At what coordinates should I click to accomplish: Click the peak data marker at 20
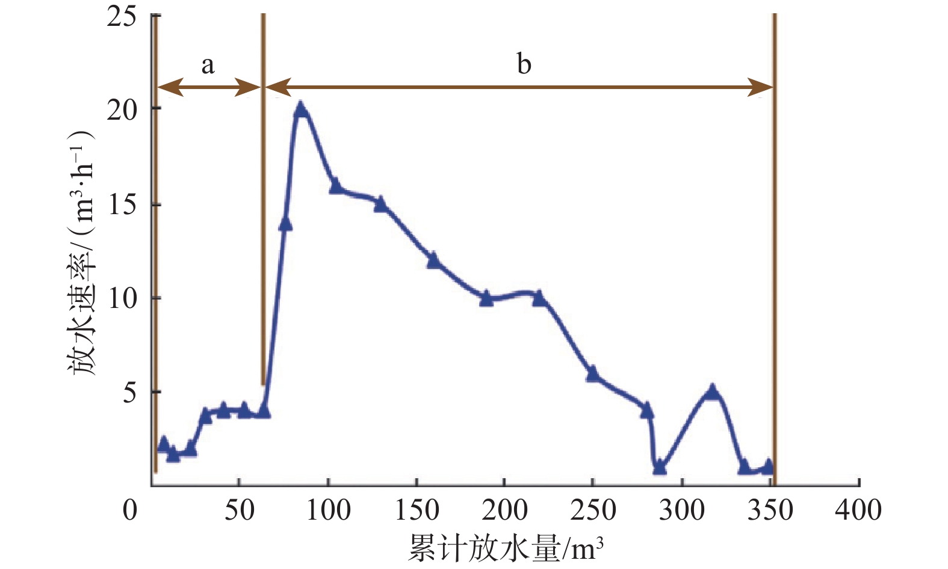point(301,109)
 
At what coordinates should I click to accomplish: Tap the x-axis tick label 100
point(328,510)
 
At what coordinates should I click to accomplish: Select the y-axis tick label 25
point(122,16)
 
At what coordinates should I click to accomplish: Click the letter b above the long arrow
point(524,63)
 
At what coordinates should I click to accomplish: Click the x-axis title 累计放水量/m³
point(506,547)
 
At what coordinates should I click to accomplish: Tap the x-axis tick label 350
point(770,510)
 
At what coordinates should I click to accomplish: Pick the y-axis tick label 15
point(122,205)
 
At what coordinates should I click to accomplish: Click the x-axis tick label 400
point(858,510)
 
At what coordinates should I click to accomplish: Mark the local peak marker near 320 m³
point(713,392)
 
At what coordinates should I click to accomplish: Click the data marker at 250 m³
point(593,374)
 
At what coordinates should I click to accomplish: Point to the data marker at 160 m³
point(433,260)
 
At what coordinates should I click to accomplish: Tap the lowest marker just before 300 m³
point(660,467)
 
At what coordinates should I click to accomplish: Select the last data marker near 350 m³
point(767,467)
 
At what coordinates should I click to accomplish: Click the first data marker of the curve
point(163,444)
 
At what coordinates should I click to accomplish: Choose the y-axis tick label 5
point(130,393)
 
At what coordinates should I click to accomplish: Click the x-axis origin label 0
point(130,510)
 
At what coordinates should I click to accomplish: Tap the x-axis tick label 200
point(504,510)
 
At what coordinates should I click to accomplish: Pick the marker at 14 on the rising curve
point(285,223)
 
